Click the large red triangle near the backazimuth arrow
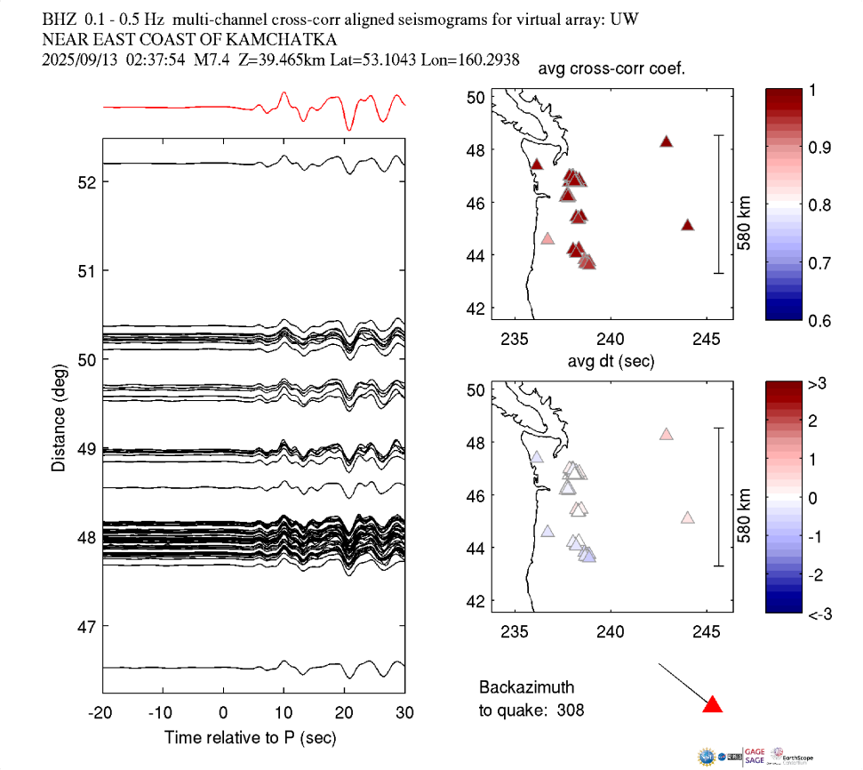(713, 705)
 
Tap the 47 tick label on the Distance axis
(85, 626)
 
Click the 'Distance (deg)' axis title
(59, 417)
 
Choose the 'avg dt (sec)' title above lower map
(611, 362)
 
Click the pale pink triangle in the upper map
(547, 238)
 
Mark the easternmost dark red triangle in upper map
(687, 225)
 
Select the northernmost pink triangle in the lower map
(666, 435)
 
